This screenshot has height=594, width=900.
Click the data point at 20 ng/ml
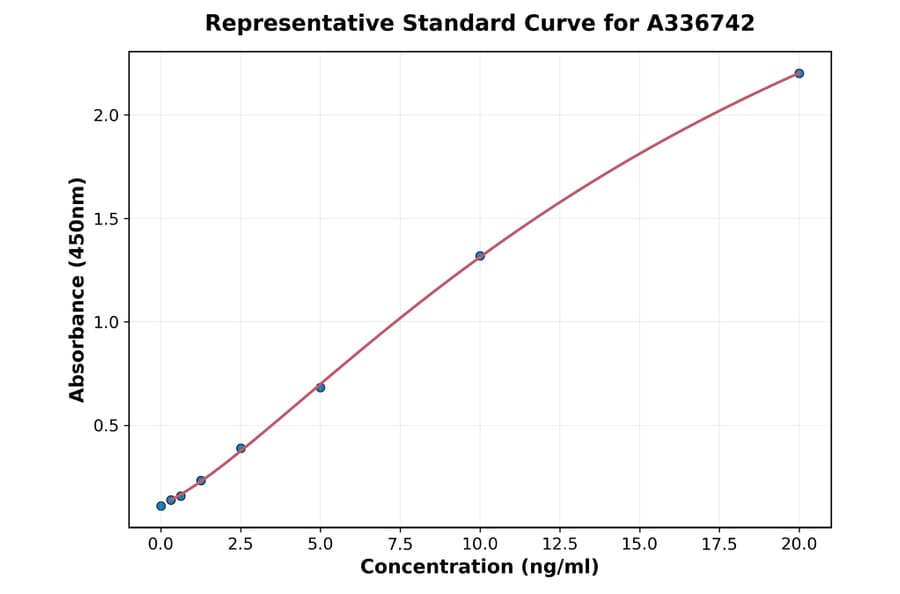pos(799,73)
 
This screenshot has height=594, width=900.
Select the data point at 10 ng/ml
pos(480,256)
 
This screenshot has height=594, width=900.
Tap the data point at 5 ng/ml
pos(320,387)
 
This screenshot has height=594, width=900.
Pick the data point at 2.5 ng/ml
pos(241,448)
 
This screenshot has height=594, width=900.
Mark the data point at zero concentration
pos(161,506)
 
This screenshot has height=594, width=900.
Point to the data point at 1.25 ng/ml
pos(201,481)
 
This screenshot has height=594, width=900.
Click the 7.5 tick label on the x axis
pos(400,544)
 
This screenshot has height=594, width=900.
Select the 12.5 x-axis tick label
pos(559,544)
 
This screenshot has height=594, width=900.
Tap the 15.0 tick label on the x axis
pos(639,544)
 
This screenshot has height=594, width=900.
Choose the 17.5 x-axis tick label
pos(719,544)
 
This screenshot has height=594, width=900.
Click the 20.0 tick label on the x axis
pos(799,544)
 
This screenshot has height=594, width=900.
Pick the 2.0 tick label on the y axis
pos(106,115)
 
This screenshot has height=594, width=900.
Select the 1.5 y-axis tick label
pos(106,219)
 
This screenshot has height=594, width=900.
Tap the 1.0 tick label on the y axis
pos(106,322)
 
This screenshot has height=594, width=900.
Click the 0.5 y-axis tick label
pos(106,426)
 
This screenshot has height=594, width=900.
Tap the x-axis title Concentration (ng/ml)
pos(479,567)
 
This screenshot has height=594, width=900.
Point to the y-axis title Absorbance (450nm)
pos(78,290)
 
